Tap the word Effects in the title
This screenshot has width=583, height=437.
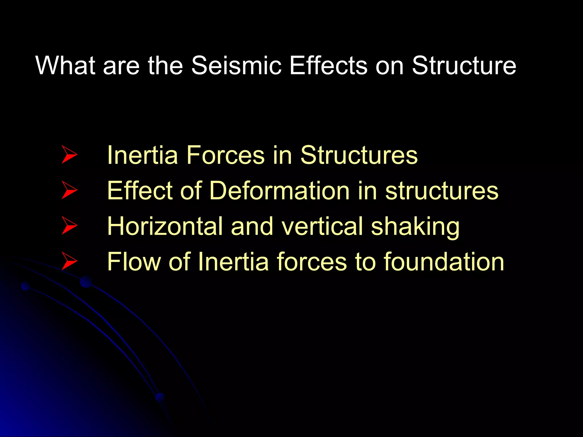pyautogui.click(x=328, y=65)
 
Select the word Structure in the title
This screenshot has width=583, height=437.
pyautogui.click(x=464, y=65)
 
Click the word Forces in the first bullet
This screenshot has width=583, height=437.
pyautogui.click(x=225, y=155)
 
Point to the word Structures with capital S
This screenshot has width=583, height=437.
pyautogui.click(x=359, y=155)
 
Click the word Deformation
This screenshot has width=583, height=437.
pyautogui.click(x=279, y=191)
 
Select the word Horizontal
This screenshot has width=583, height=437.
pyautogui.click(x=165, y=226)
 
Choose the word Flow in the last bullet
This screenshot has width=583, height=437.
pyautogui.click(x=134, y=262)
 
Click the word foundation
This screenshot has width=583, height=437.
pyautogui.click(x=444, y=262)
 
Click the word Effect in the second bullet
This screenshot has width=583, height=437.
pyautogui.click(x=140, y=191)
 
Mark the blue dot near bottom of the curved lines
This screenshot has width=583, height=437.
pyautogui.click(x=160, y=397)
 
